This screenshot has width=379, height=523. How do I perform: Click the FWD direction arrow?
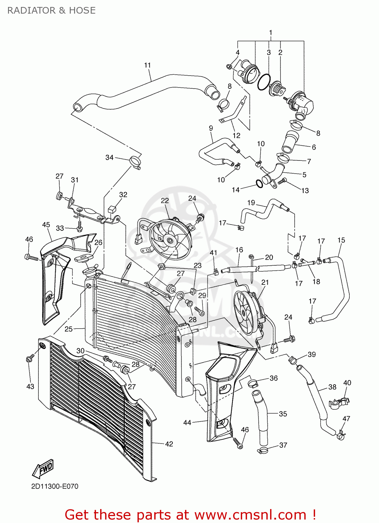pos(43,469)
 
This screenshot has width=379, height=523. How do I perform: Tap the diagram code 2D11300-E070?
pos(55,486)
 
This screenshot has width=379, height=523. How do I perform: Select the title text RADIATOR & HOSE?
pos(51,10)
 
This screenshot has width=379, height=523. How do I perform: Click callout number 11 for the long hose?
pos(147,65)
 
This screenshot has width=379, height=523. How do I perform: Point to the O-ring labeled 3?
pos(264,82)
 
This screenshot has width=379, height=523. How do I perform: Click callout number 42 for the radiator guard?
pos(169,444)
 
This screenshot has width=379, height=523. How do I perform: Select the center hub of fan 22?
pos(170,240)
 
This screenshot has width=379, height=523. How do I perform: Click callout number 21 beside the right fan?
pos(265,282)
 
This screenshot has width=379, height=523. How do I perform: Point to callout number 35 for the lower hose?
pos(283,414)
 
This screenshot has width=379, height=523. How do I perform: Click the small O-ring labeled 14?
pos(259,184)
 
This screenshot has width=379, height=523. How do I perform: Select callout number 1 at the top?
pos(270,33)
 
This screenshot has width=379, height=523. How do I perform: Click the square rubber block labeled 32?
pos(112,209)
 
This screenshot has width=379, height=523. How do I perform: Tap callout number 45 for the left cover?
pos(46,225)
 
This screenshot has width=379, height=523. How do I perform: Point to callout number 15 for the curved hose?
pos(341,240)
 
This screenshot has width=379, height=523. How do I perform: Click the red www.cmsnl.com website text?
pos(250,515)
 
